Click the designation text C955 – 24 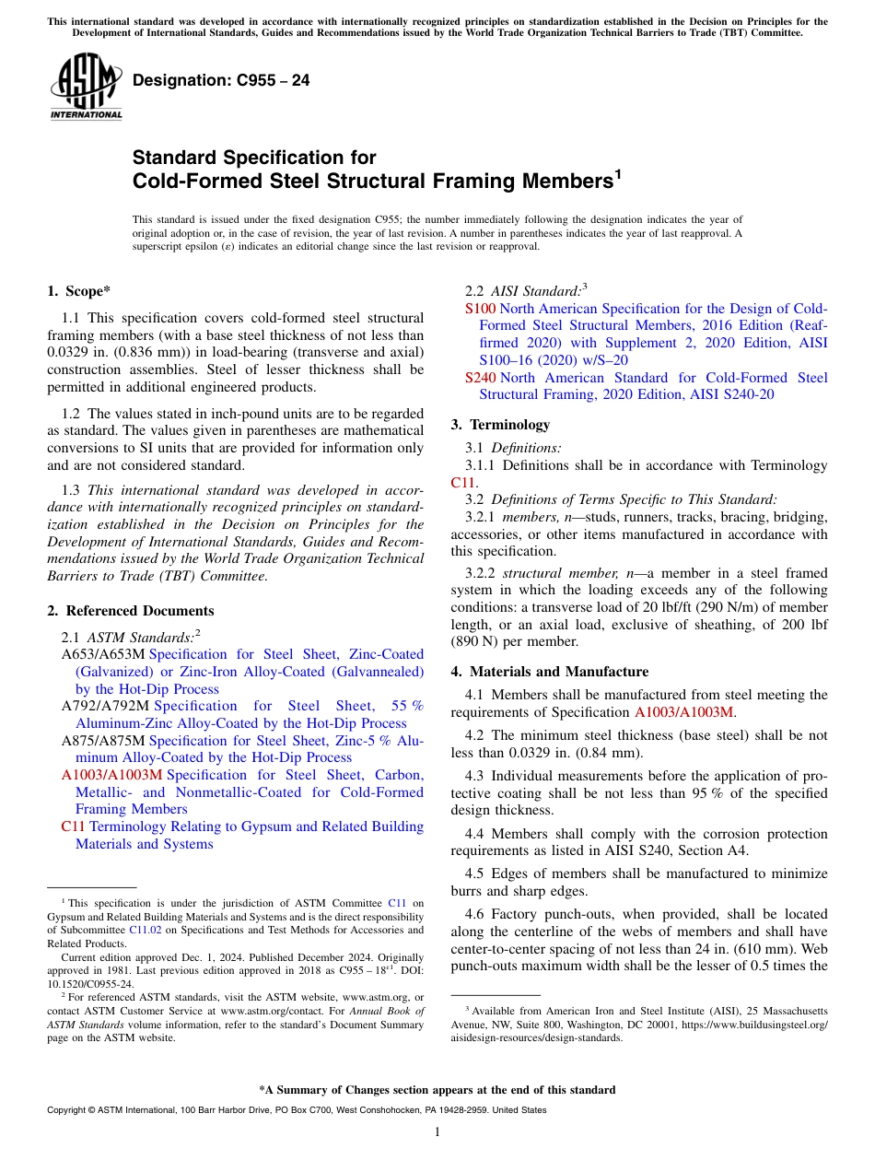[221, 81]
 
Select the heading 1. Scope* [78, 291]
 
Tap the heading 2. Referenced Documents [131, 611]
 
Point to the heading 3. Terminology [500, 425]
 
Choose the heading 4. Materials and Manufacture [549, 672]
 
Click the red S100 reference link [480, 309]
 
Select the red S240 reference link [480, 378]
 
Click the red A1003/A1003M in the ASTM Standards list [111, 775]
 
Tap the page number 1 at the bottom [437, 1132]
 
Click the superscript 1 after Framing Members [618, 174]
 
